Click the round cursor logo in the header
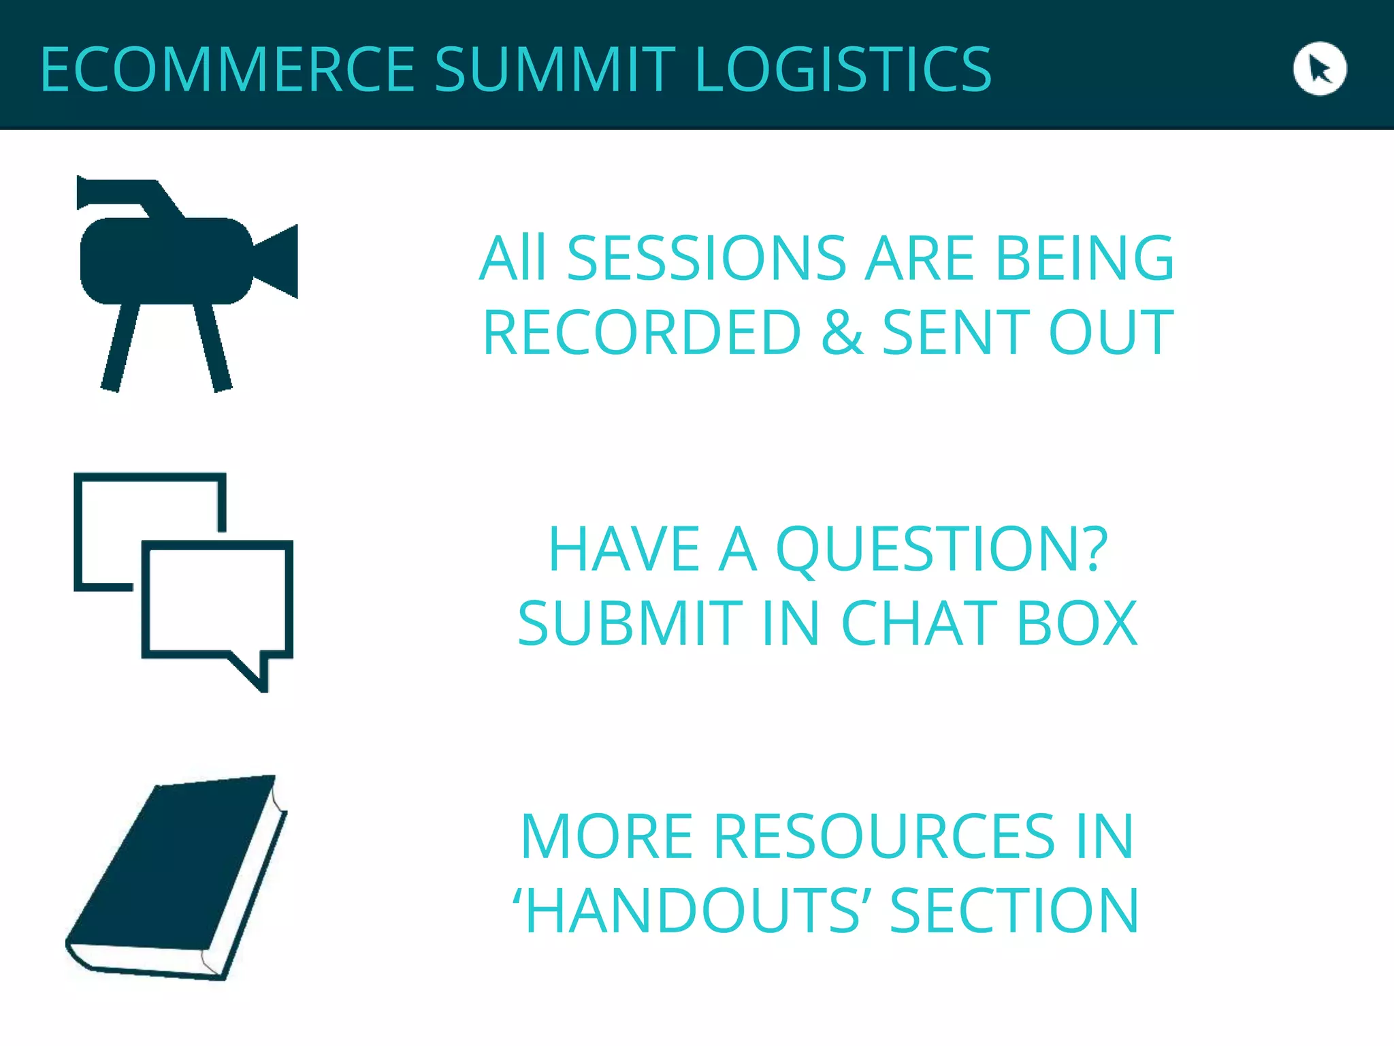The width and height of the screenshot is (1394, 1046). (x=1319, y=69)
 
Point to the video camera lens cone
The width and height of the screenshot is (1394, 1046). (x=279, y=261)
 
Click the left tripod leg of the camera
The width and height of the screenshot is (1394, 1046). (x=120, y=347)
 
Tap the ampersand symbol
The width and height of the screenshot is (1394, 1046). (x=842, y=332)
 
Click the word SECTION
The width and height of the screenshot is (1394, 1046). (x=1014, y=910)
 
